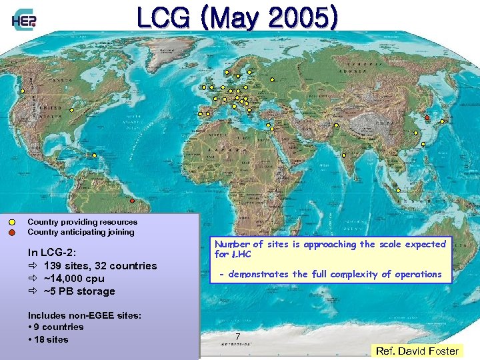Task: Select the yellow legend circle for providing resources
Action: click(13, 222)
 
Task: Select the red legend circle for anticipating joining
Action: click(13, 232)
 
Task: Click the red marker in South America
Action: click(132, 201)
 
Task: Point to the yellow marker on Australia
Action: click(398, 191)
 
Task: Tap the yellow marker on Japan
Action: click(441, 121)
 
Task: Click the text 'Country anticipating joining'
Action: click(81, 232)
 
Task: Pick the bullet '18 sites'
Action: click(51, 339)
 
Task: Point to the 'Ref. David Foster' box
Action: click(417, 351)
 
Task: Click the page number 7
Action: click(237, 337)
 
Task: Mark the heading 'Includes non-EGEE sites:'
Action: click(84, 315)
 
